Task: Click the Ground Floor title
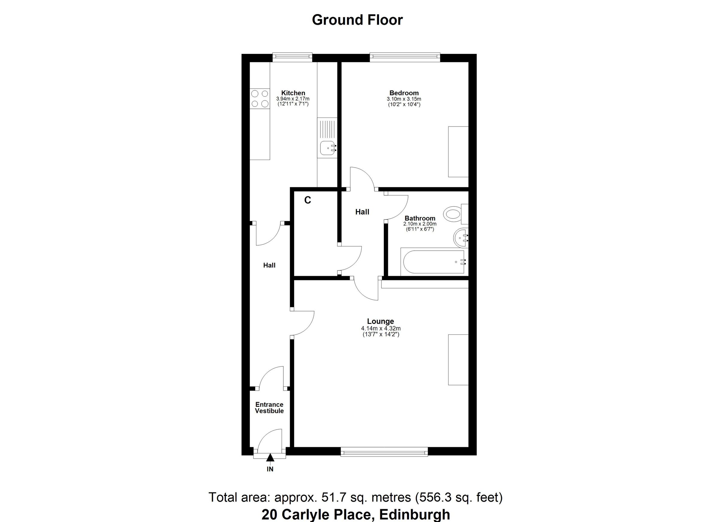357,20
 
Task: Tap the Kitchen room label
293,93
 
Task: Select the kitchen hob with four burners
260,98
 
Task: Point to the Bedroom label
404,93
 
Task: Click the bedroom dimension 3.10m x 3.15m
404,99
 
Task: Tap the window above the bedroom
405,57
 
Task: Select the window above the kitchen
292,57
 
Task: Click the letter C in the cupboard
308,200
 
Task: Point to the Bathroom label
420,218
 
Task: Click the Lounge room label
381,321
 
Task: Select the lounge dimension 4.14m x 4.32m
381,328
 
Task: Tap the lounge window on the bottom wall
384,451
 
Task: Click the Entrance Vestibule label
270,408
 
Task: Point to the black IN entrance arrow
270,458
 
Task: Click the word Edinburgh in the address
414,515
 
